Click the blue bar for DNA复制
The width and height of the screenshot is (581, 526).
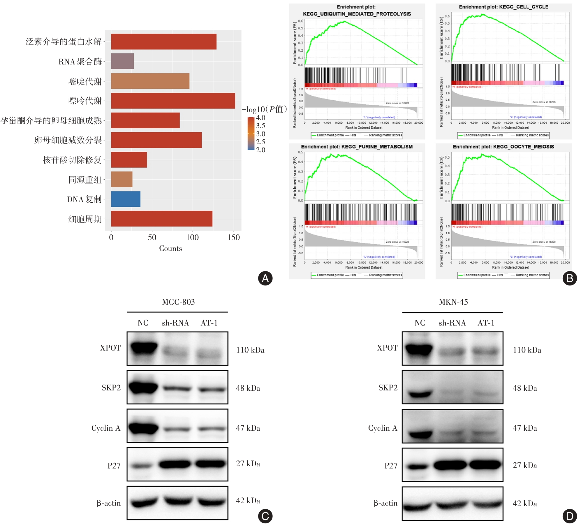pyautogui.click(x=126, y=199)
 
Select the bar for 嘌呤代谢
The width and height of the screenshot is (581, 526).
pyautogui.click(x=173, y=101)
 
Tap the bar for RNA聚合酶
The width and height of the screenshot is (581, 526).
pyautogui.click(x=122, y=61)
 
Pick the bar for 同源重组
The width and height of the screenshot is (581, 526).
pyautogui.click(x=122, y=179)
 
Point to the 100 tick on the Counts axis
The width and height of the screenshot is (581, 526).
pyautogui.click(x=192, y=237)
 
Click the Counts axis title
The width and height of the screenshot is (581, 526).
pyautogui.click(x=170, y=248)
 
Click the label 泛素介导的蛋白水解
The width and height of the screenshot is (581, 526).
pyautogui.click(x=64, y=42)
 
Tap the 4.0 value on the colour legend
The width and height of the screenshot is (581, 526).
pyautogui.click(x=261, y=118)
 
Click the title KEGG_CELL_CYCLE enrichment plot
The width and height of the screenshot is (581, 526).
pyautogui.click(x=503, y=7)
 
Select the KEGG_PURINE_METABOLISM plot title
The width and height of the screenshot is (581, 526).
pyautogui.click(x=357, y=147)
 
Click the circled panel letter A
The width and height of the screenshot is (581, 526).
pyautogui.click(x=265, y=278)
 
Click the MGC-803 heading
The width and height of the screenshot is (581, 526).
pyautogui.click(x=178, y=302)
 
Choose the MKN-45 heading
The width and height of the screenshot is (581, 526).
pyautogui.click(x=453, y=302)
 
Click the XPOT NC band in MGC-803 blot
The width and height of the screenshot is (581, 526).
pyautogui.click(x=144, y=347)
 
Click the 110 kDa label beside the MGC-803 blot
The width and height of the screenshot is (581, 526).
pyautogui.click(x=250, y=350)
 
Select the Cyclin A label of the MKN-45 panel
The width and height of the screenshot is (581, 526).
pyautogui.click(x=383, y=428)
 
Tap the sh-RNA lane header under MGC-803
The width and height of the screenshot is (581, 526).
pyautogui.click(x=175, y=323)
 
